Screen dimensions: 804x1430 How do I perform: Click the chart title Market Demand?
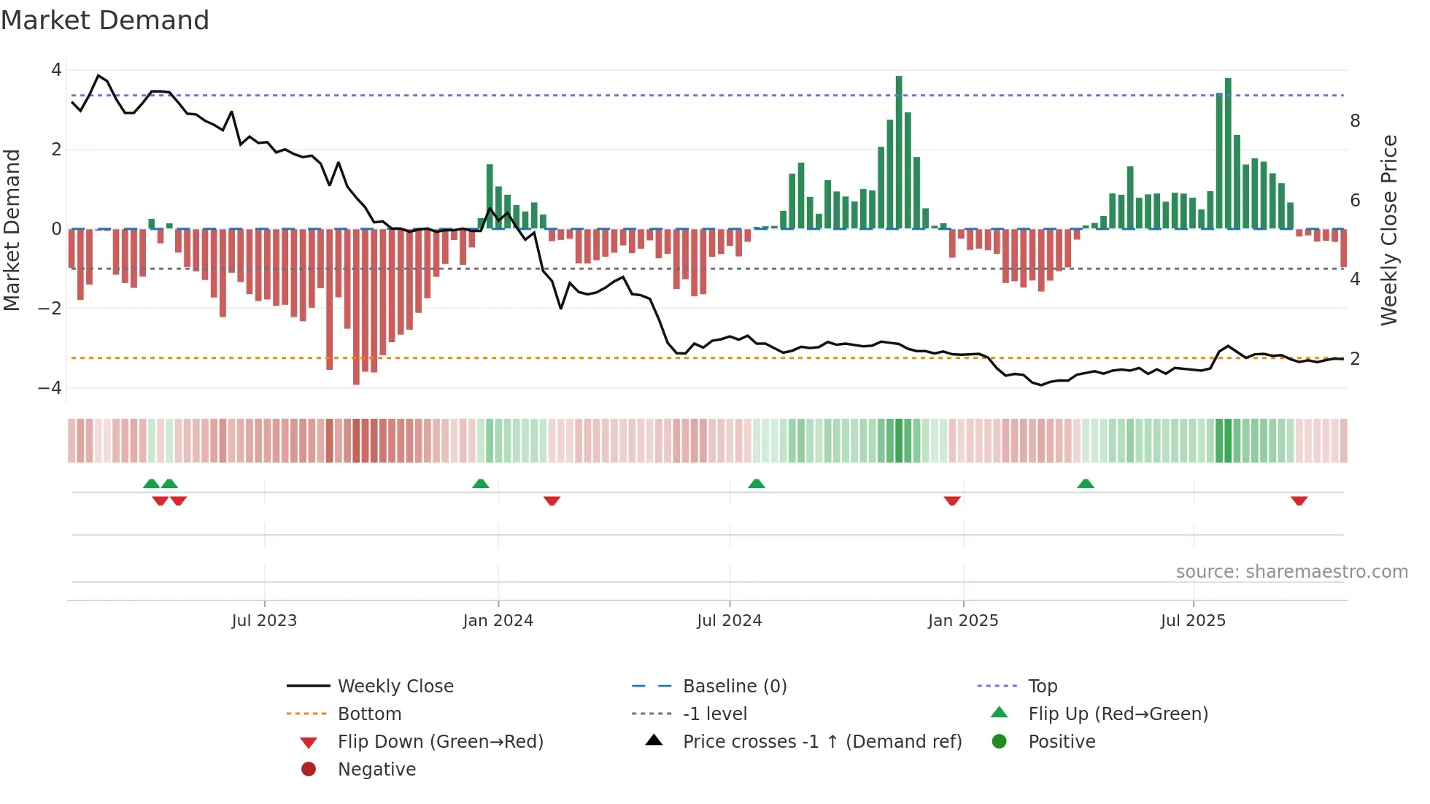(x=105, y=20)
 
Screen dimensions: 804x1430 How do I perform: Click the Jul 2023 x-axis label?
(x=264, y=621)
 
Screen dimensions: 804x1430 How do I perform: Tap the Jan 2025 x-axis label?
(x=963, y=621)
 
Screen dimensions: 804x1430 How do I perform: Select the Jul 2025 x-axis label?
(x=1193, y=621)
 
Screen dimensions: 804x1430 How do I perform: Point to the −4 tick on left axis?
(x=50, y=388)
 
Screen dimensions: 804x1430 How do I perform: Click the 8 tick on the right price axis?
(x=1355, y=121)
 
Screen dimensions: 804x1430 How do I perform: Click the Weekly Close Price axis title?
(x=1389, y=230)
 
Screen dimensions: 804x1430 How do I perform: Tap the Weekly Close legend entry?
(x=395, y=687)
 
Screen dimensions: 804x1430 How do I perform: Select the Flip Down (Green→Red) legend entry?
(x=440, y=742)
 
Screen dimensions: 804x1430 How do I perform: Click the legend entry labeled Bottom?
(x=369, y=714)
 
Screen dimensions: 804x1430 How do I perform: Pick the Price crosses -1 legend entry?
(x=822, y=742)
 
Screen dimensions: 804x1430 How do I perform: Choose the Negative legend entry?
(x=376, y=770)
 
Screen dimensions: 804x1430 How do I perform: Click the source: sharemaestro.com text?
(x=1291, y=572)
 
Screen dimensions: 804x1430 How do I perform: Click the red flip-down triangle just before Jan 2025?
(x=951, y=500)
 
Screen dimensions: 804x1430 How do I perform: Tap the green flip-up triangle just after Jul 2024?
(x=757, y=484)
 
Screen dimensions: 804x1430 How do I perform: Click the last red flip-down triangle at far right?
(x=1299, y=500)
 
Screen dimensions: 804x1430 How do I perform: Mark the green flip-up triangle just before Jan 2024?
(x=481, y=484)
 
